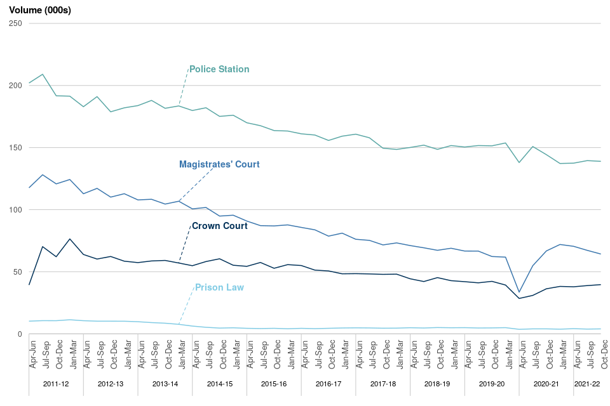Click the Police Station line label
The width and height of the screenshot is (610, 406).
(x=219, y=69)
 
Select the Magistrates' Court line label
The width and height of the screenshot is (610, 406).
(x=219, y=164)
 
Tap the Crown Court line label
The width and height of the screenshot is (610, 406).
(x=220, y=226)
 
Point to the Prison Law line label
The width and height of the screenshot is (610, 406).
(x=219, y=287)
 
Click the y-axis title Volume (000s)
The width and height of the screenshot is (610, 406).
(x=39, y=10)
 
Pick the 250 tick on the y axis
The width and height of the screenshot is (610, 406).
(x=15, y=23)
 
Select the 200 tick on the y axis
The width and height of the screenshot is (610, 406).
(x=15, y=86)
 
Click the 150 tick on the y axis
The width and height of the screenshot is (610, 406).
(x=15, y=148)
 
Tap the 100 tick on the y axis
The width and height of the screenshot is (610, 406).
(x=15, y=210)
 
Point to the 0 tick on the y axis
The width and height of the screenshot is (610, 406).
(x=20, y=334)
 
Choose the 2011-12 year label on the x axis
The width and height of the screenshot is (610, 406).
(x=56, y=384)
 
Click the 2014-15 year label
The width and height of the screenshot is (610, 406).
(x=219, y=384)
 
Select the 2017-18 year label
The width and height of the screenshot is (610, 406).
(x=383, y=384)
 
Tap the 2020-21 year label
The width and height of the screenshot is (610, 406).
(x=546, y=384)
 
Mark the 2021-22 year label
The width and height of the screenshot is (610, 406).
(x=586, y=384)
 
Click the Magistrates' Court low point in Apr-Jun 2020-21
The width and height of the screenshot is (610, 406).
(x=519, y=292)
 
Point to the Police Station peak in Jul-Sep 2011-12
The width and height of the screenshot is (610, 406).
(x=43, y=74)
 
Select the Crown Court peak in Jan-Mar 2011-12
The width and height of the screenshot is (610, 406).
(x=70, y=239)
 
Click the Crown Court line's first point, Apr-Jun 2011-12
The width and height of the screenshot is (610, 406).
(x=29, y=285)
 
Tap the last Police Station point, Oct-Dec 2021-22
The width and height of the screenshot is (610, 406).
(x=600, y=161)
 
